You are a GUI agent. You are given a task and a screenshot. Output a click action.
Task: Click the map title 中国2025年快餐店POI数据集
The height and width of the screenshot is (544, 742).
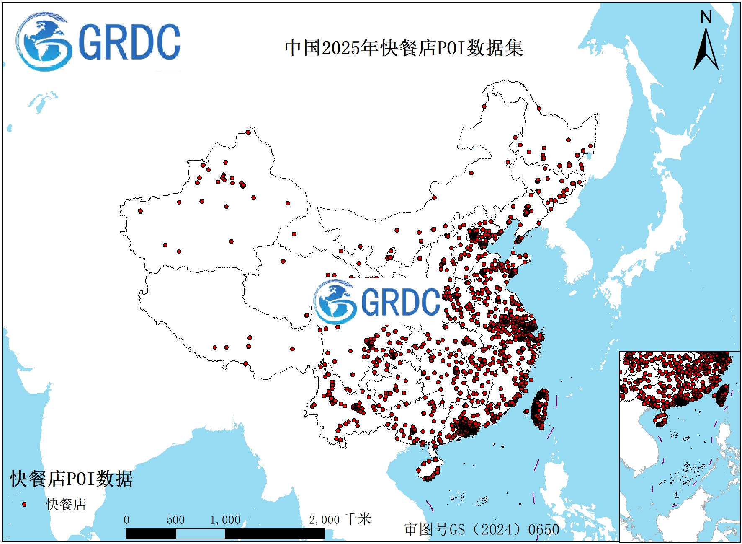click(404, 48)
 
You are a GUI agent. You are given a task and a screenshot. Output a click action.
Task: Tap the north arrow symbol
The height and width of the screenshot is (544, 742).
click(706, 50)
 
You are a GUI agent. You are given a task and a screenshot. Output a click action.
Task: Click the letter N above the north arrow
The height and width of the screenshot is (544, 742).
click(706, 18)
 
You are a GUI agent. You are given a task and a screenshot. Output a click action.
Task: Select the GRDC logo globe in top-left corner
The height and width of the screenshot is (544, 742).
click(42, 42)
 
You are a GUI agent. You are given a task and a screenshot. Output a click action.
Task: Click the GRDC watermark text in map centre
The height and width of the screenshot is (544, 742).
click(400, 302)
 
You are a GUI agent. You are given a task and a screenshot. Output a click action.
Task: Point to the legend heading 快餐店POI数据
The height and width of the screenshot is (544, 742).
click(71, 479)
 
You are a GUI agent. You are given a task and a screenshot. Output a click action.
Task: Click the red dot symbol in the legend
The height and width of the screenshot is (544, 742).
click(24, 504)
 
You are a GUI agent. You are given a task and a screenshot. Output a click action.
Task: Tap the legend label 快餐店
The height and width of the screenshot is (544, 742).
click(66, 504)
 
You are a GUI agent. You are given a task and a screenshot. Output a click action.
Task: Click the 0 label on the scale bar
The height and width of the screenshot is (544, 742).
click(126, 520)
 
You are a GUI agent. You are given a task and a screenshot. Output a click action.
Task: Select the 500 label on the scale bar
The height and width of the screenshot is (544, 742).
click(175, 520)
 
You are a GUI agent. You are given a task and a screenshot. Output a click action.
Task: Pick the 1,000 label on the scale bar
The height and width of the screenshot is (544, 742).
click(225, 520)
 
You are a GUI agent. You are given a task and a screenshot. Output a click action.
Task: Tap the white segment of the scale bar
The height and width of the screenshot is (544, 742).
click(200, 534)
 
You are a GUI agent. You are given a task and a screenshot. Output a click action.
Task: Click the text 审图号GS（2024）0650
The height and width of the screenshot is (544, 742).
click(482, 529)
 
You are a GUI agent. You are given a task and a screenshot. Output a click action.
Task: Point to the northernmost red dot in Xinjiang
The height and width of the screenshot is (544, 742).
click(248, 132)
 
